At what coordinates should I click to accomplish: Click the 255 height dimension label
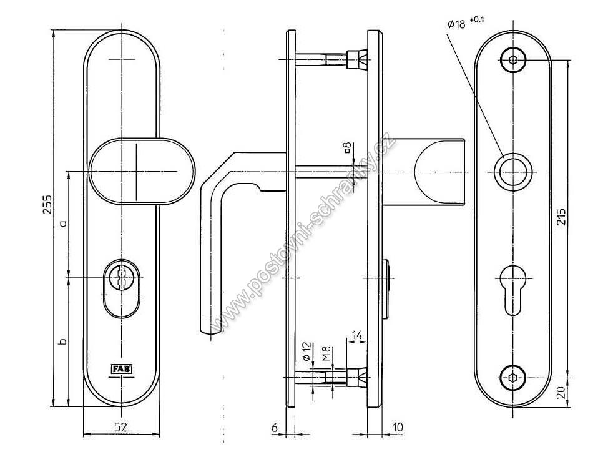pos(47,204)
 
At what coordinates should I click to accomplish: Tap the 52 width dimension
pos(121,427)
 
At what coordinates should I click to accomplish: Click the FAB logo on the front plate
pos(122,369)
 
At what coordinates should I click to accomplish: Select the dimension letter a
pos(63,223)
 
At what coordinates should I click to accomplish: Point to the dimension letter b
pos(63,341)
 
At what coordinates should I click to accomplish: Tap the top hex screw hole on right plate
pos(513,60)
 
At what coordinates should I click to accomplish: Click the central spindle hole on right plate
pos(513,172)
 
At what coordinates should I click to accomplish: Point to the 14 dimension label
pos(356,335)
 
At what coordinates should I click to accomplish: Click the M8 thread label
pos(327,353)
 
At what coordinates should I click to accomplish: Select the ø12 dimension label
pos(306,351)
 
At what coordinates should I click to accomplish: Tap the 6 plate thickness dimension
pos(275,428)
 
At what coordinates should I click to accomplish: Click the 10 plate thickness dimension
pos(398,427)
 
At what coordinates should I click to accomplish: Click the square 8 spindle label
pos(348,147)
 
